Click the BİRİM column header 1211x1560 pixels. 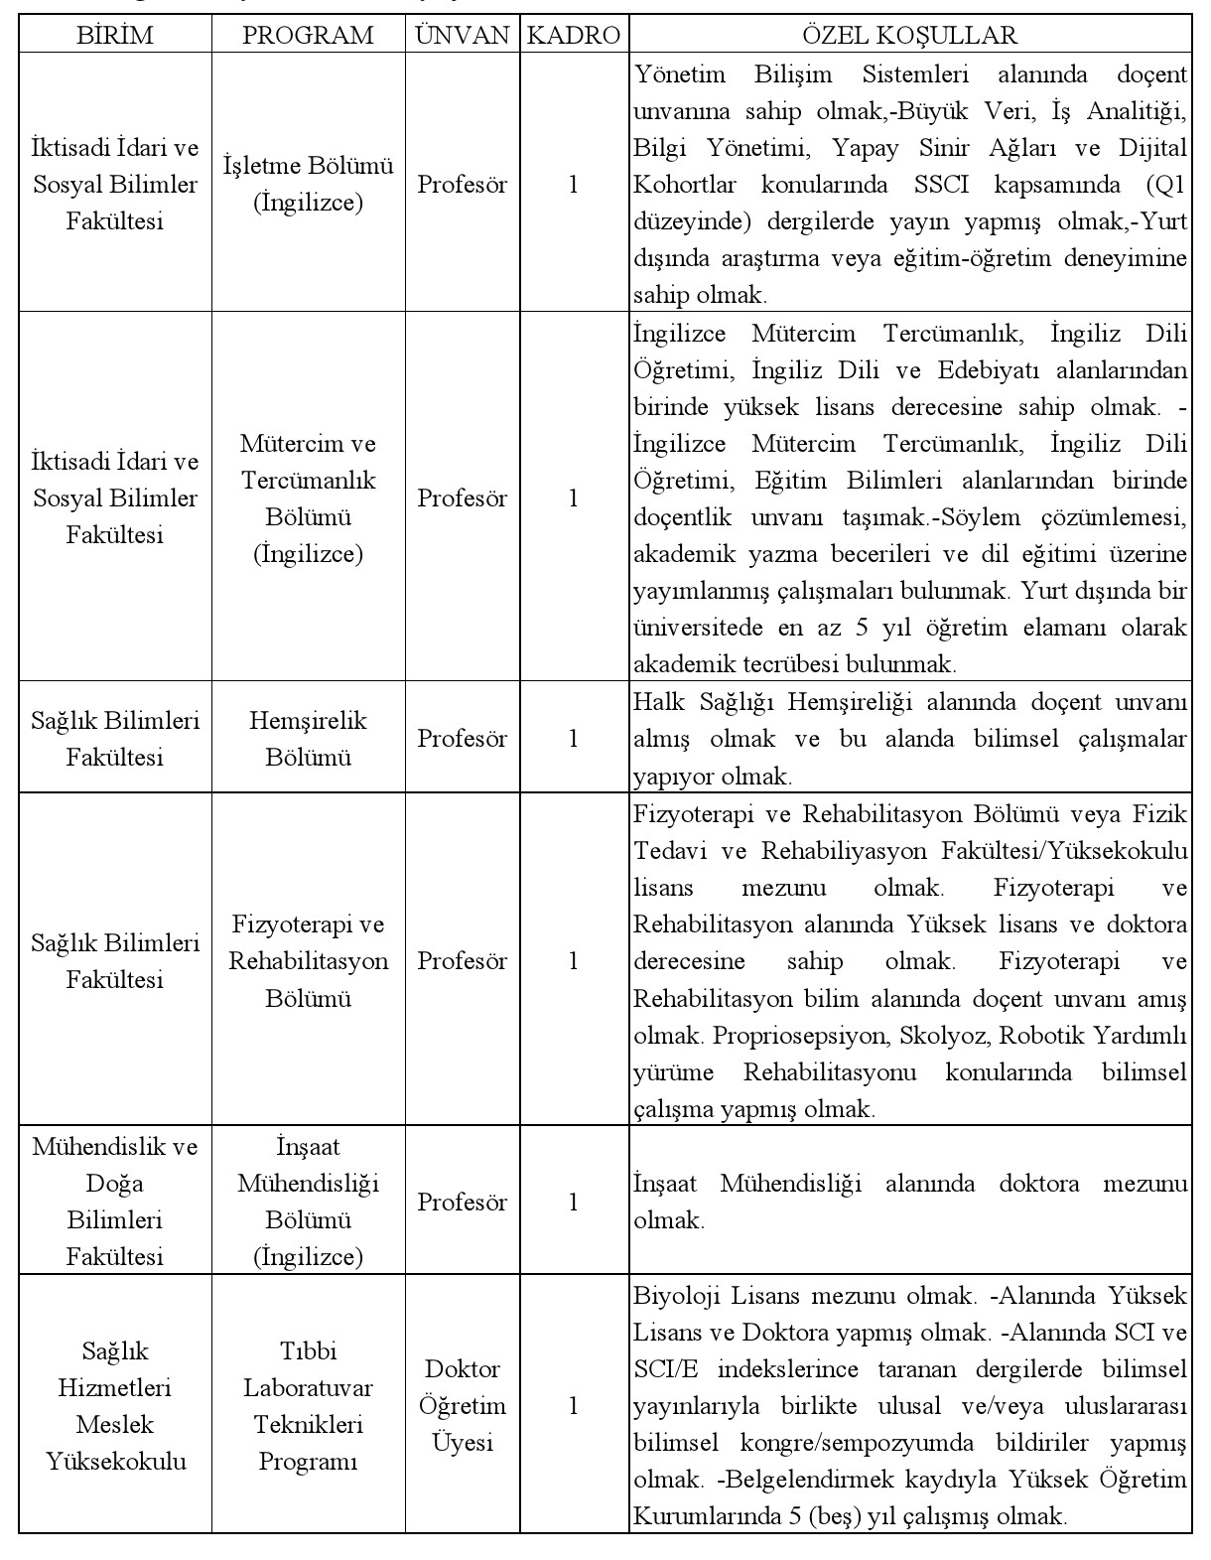(115, 36)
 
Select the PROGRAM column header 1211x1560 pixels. (308, 36)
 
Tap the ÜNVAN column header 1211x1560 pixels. (462, 36)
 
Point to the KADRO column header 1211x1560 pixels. (573, 36)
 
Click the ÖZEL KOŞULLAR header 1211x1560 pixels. (909, 36)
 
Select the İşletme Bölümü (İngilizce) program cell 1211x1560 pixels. (308, 184)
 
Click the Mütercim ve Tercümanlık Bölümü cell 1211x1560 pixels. (308, 497)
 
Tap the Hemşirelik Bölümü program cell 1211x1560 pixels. (308, 738)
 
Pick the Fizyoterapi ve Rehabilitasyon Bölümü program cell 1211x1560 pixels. (308, 960)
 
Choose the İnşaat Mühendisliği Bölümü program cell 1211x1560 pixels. (308, 1202)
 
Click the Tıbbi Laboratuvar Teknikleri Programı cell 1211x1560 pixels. (308, 1405)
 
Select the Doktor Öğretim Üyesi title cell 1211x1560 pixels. (462, 1405)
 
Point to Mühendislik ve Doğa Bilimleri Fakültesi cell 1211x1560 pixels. (115, 1202)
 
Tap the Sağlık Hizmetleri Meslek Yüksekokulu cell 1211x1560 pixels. (115, 1405)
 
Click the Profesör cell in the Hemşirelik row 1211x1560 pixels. (462, 738)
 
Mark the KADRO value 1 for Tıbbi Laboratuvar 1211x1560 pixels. (573, 1405)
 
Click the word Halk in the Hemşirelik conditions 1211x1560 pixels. (655, 702)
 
